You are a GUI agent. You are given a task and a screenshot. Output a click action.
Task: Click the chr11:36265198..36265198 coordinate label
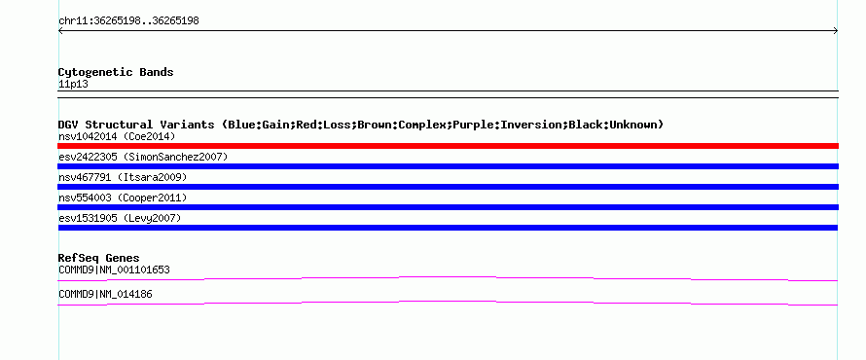[x=128, y=21]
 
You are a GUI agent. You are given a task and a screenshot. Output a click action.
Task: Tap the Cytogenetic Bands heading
[x=116, y=72]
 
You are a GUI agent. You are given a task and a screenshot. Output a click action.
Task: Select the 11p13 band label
[x=73, y=85]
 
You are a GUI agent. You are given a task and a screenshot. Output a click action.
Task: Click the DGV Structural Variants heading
[x=361, y=125]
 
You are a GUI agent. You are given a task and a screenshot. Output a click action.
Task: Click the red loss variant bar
[x=448, y=146]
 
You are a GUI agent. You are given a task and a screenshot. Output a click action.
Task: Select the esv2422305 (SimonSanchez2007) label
[x=143, y=157]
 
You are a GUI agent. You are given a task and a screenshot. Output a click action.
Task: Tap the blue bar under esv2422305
[x=448, y=166]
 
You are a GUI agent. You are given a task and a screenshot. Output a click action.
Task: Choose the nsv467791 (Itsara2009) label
[x=123, y=177]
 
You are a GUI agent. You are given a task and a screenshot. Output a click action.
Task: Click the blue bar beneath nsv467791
[x=448, y=187]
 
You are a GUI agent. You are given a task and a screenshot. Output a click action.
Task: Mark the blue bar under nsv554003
[x=448, y=207]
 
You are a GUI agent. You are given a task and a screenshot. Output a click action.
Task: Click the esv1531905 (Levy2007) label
[x=120, y=218]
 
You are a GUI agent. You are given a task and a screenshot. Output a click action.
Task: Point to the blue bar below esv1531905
[x=448, y=228]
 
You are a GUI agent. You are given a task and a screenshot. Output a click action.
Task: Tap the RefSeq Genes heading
[x=99, y=258]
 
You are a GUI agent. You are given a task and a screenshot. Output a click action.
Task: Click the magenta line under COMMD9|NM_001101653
[x=448, y=276]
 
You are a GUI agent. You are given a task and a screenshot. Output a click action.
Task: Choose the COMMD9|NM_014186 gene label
[x=105, y=294]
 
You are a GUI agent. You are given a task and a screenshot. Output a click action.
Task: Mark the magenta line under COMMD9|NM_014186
[x=448, y=301]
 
